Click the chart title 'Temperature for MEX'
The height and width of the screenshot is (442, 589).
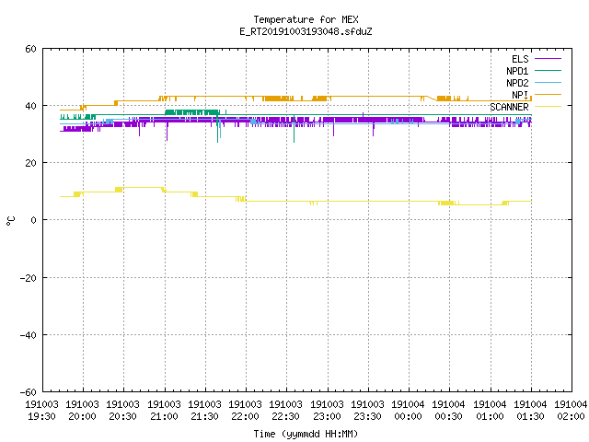pyautogui.click(x=306, y=19)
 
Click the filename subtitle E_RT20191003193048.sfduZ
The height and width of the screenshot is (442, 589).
pyautogui.click(x=306, y=31)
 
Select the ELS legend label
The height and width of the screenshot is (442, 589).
pyautogui.click(x=520, y=59)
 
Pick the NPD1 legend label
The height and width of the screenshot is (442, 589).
pyautogui.click(x=517, y=71)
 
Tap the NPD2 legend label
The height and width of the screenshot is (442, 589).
pyautogui.click(x=517, y=83)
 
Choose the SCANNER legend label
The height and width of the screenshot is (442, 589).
pyautogui.click(x=509, y=107)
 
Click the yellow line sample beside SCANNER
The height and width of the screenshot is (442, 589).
pyautogui.click(x=548, y=107)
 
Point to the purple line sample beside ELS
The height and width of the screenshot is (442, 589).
pyautogui.click(x=548, y=59)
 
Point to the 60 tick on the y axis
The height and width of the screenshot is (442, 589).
pyautogui.click(x=30, y=49)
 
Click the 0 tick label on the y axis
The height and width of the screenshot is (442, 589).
pyautogui.click(x=33, y=220)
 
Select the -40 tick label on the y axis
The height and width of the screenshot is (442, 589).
pyautogui.click(x=29, y=335)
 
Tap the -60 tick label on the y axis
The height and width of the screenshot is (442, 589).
pyautogui.click(x=29, y=392)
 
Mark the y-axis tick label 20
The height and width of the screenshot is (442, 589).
pyautogui.click(x=30, y=163)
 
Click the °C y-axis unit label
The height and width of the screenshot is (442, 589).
pyautogui.click(x=11, y=221)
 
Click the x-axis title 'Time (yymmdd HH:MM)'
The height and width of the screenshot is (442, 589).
pyautogui.click(x=306, y=434)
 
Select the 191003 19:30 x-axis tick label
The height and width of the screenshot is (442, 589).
pyautogui.click(x=41, y=411)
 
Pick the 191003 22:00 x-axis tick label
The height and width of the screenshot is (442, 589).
pyautogui.click(x=246, y=411)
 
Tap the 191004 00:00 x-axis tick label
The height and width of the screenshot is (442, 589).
pyautogui.click(x=408, y=411)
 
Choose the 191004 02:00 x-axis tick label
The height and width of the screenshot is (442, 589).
pyautogui.click(x=571, y=411)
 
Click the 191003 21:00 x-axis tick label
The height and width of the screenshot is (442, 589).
pyautogui.click(x=164, y=411)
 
